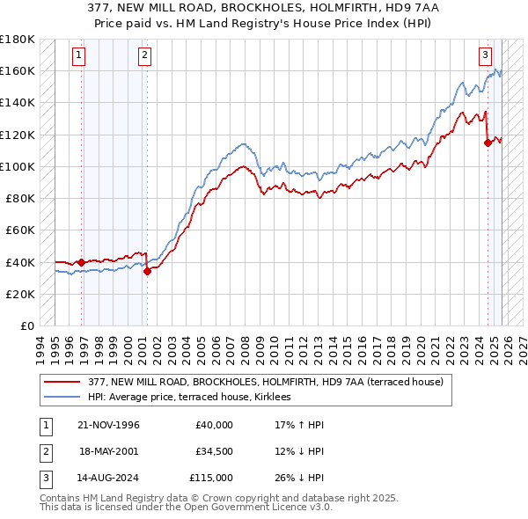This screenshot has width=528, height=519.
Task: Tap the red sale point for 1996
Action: (x=82, y=261)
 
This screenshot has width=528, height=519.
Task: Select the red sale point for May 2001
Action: (x=147, y=271)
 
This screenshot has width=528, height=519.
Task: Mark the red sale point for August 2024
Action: (x=488, y=143)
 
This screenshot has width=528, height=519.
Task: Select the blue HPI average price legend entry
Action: (x=194, y=398)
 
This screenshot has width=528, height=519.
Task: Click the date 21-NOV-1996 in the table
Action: (x=108, y=425)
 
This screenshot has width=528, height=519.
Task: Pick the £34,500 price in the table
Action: (x=214, y=451)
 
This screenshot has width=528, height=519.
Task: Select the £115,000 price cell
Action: (x=211, y=478)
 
